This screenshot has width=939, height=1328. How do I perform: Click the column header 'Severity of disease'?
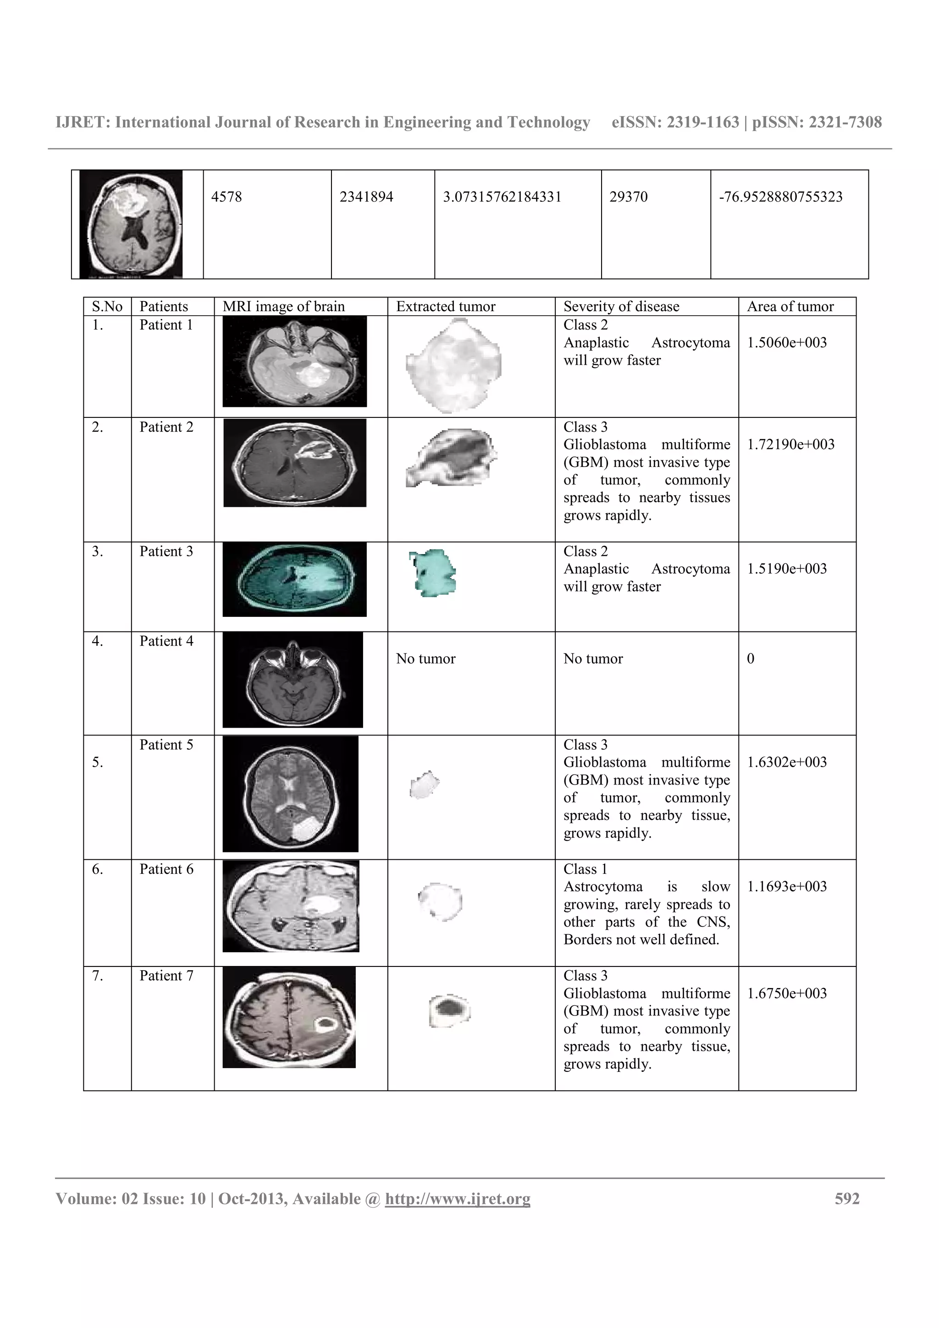coord(621,306)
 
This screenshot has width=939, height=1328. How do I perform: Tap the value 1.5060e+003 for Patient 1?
coord(786,342)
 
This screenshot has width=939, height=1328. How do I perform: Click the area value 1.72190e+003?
coord(790,444)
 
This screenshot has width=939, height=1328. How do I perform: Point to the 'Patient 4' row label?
coord(166,641)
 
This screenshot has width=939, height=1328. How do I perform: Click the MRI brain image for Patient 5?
coord(290,794)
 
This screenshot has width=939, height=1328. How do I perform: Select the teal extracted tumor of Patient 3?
coord(433,573)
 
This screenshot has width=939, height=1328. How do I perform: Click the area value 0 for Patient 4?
coord(751,659)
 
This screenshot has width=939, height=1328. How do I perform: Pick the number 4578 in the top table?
coord(226,197)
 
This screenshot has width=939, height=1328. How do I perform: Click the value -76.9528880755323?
coord(780,197)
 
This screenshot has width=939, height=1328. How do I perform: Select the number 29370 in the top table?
coord(628,197)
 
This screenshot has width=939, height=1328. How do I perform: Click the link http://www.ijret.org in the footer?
coord(457,1198)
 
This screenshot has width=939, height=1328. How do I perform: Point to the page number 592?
coord(847,1198)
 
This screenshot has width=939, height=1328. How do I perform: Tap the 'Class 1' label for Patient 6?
coord(585,869)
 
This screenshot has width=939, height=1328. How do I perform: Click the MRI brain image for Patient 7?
coord(289,1017)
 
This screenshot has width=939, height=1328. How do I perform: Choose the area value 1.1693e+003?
coord(786,886)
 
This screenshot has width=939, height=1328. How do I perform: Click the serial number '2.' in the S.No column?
coord(97,427)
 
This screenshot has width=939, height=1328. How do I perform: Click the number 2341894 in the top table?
coord(366,197)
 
